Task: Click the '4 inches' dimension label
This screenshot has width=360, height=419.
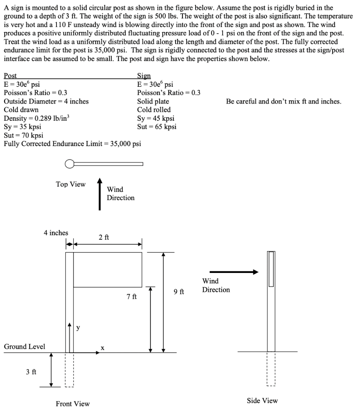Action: click(56, 233)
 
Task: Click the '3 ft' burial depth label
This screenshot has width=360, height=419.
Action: click(31, 372)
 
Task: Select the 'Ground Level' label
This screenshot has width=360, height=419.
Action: click(25, 347)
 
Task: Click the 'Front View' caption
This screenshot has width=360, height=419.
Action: click(73, 404)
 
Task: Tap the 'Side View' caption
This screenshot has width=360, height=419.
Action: click(262, 401)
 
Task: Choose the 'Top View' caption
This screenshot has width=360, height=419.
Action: click(71, 184)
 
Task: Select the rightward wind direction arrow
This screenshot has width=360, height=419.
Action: click(234, 272)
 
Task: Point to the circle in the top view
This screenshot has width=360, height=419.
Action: click(70, 164)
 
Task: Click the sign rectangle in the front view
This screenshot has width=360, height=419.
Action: click(108, 270)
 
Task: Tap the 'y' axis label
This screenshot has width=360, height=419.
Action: click(78, 327)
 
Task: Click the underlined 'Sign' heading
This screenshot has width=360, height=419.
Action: click(144, 76)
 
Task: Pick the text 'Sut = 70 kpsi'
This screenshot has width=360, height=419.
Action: click(23, 135)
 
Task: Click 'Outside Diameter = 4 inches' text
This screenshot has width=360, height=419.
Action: click(46, 101)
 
